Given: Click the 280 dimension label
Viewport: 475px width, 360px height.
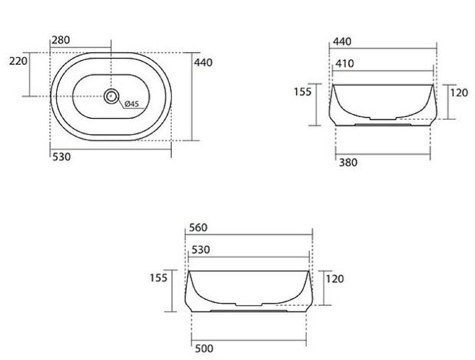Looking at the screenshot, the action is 61,40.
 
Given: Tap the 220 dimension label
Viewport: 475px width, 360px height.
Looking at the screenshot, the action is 18,61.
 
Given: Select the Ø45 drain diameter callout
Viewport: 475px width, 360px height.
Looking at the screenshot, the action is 131,104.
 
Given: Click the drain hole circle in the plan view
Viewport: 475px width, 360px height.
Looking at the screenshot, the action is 111,96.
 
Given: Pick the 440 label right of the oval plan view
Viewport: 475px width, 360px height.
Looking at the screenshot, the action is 203,62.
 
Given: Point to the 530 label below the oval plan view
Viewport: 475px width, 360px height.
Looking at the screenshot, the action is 62,157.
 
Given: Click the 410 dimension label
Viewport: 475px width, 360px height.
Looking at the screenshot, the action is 345,64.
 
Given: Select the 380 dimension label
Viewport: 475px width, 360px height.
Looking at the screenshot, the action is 348,163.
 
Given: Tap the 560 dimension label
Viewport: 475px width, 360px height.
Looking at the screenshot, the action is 198,227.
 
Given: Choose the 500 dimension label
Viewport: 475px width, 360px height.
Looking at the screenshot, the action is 204,349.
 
